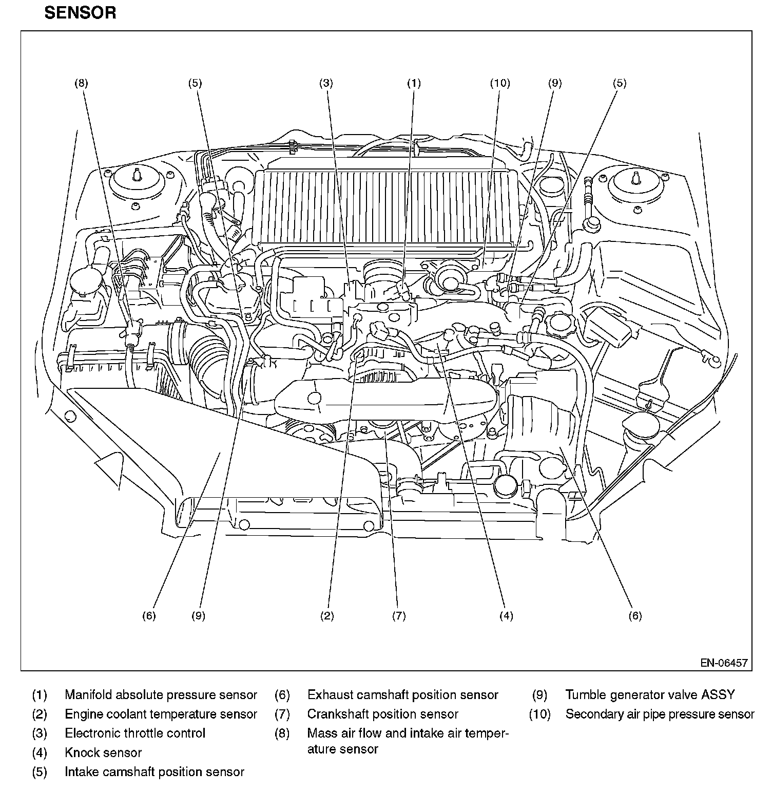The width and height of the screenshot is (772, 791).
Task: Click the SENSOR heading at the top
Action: [x=80, y=13]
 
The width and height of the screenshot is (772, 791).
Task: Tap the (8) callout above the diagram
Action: [x=81, y=83]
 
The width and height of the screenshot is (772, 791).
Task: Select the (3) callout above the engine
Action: [x=326, y=83]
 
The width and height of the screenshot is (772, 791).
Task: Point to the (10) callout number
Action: [x=499, y=83]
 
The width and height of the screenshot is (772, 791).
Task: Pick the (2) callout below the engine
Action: [x=327, y=615]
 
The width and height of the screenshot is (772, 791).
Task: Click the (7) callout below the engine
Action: [x=399, y=615]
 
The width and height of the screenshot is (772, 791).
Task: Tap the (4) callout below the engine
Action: [x=506, y=615]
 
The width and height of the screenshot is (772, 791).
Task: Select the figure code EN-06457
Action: [x=724, y=663]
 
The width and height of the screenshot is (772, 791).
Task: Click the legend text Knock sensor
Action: [x=103, y=753]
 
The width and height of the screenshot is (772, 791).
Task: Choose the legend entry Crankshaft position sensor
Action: [x=382, y=714]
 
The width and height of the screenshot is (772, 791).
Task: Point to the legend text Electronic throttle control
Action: [x=135, y=733]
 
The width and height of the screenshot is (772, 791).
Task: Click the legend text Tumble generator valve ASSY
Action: [x=650, y=695]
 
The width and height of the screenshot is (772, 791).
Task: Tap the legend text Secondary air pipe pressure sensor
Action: [x=660, y=714]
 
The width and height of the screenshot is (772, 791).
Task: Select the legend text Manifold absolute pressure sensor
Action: [x=161, y=695]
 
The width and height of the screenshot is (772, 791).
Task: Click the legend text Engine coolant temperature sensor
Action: [x=161, y=714]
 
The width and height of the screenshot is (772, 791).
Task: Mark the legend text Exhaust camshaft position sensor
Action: [x=402, y=695]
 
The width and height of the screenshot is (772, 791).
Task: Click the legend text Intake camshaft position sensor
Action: [x=154, y=772]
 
